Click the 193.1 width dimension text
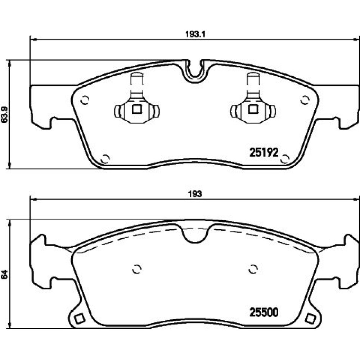195,34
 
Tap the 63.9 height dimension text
5,114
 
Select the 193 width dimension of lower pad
195,194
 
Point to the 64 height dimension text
5,274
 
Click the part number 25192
264,152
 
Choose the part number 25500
264,312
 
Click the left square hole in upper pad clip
137,109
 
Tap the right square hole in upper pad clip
253,109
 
